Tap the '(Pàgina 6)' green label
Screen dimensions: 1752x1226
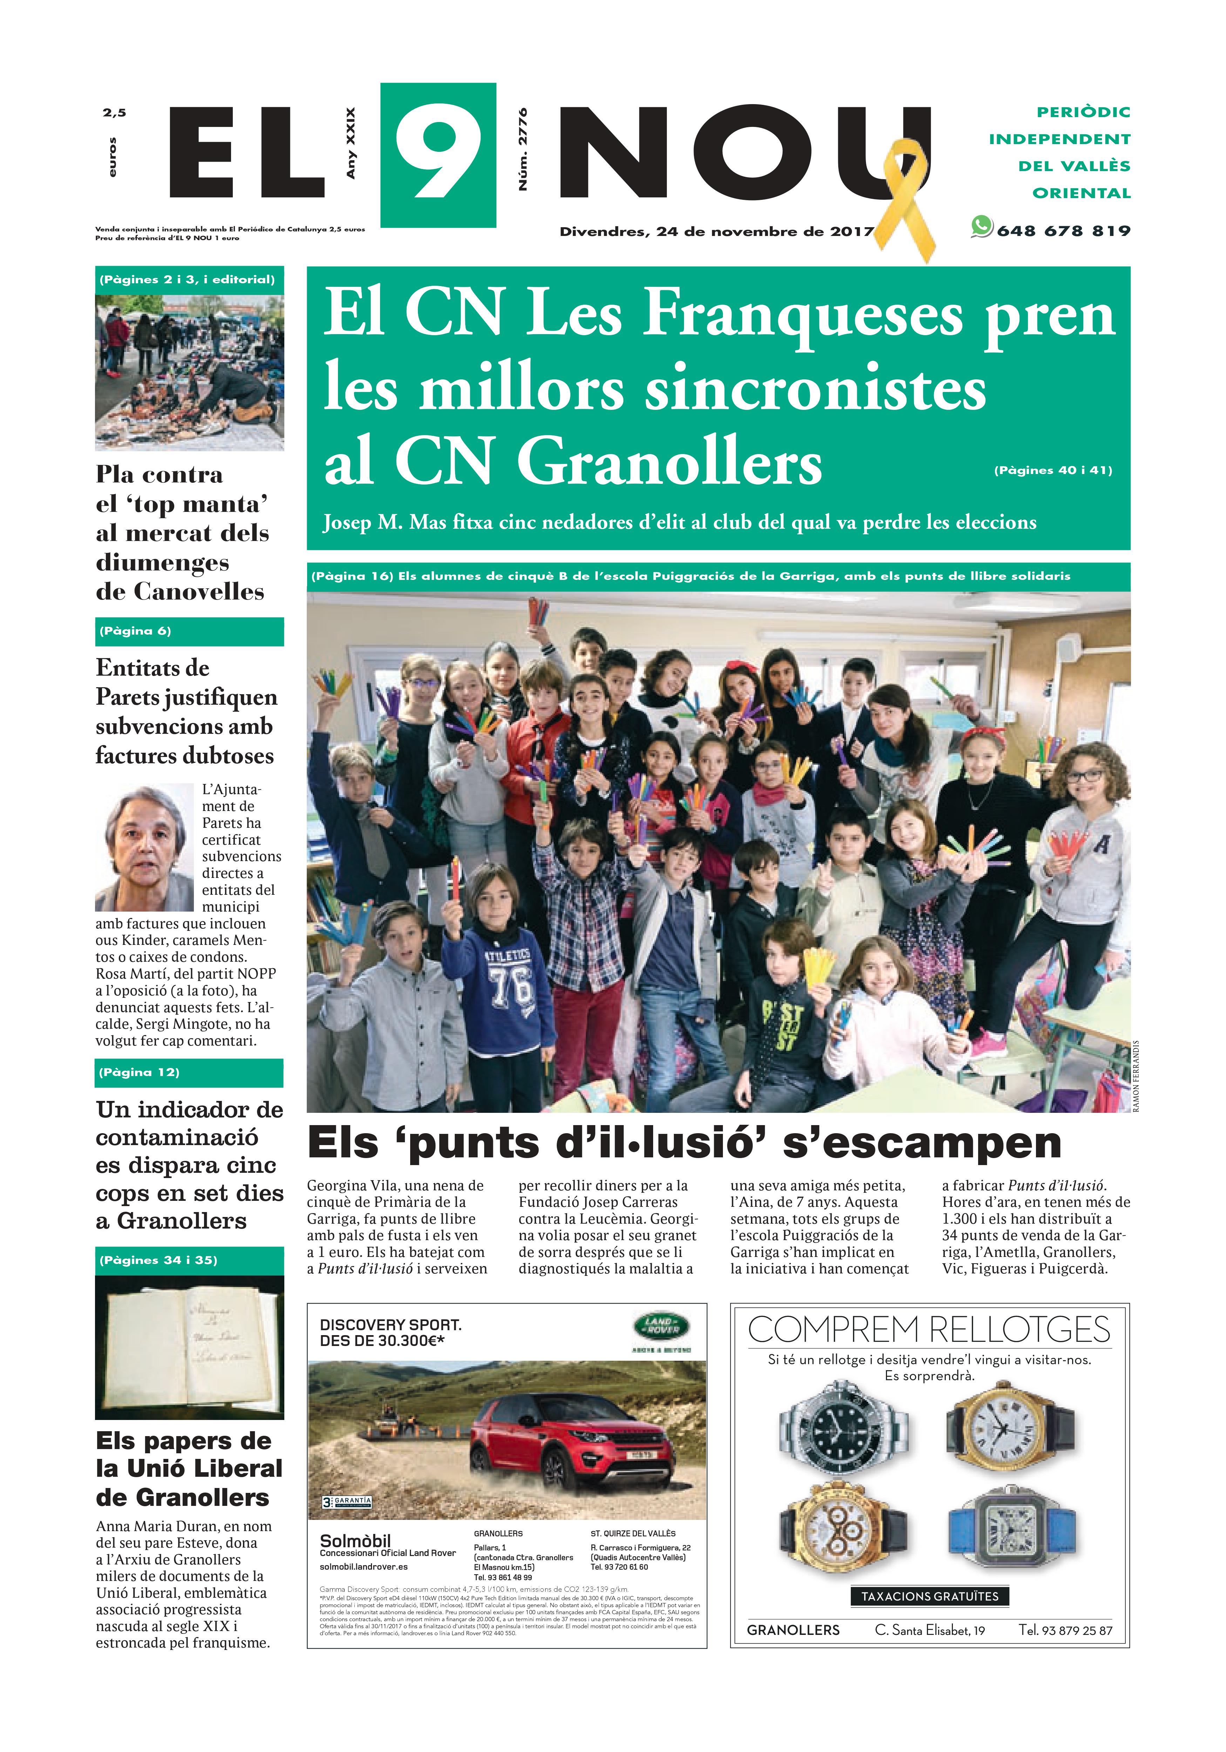[135, 631]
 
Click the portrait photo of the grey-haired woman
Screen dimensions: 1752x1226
[144, 847]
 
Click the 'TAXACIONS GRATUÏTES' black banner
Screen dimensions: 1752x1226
[929, 1596]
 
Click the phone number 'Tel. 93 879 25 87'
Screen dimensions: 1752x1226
[1065, 1631]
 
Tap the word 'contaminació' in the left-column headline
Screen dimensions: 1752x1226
[177, 1138]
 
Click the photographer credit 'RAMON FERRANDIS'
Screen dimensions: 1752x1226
[1136, 1076]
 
